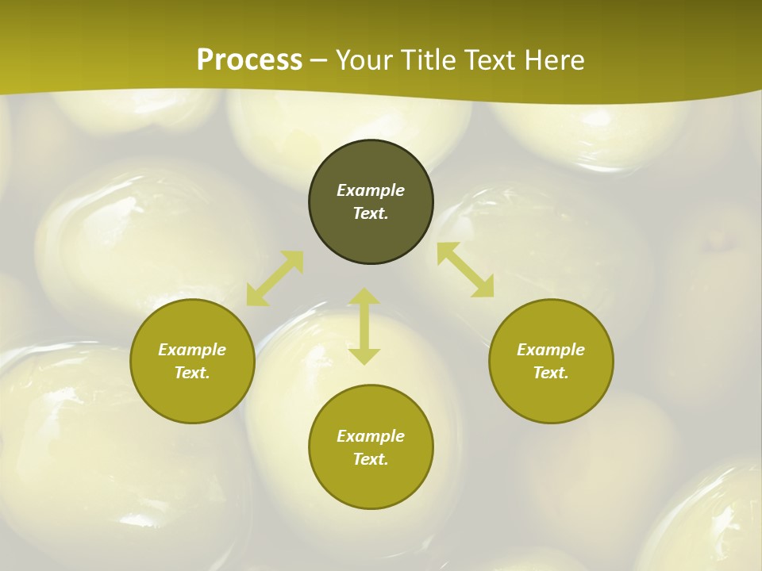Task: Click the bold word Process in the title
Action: pos(249,60)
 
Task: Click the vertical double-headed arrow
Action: pos(364,326)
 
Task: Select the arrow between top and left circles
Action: pos(275,278)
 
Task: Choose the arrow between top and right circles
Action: pos(465,270)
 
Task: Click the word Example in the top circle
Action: pos(371,190)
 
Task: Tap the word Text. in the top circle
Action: pos(371,213)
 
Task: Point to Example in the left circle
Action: pos(192,350)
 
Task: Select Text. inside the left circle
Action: pos(192,373)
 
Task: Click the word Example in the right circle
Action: pos(551,350)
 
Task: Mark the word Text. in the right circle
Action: pos(551,373)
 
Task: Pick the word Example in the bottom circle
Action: pos(371,436)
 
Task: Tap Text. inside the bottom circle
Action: pos(371,459)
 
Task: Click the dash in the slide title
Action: pos(319,61)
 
